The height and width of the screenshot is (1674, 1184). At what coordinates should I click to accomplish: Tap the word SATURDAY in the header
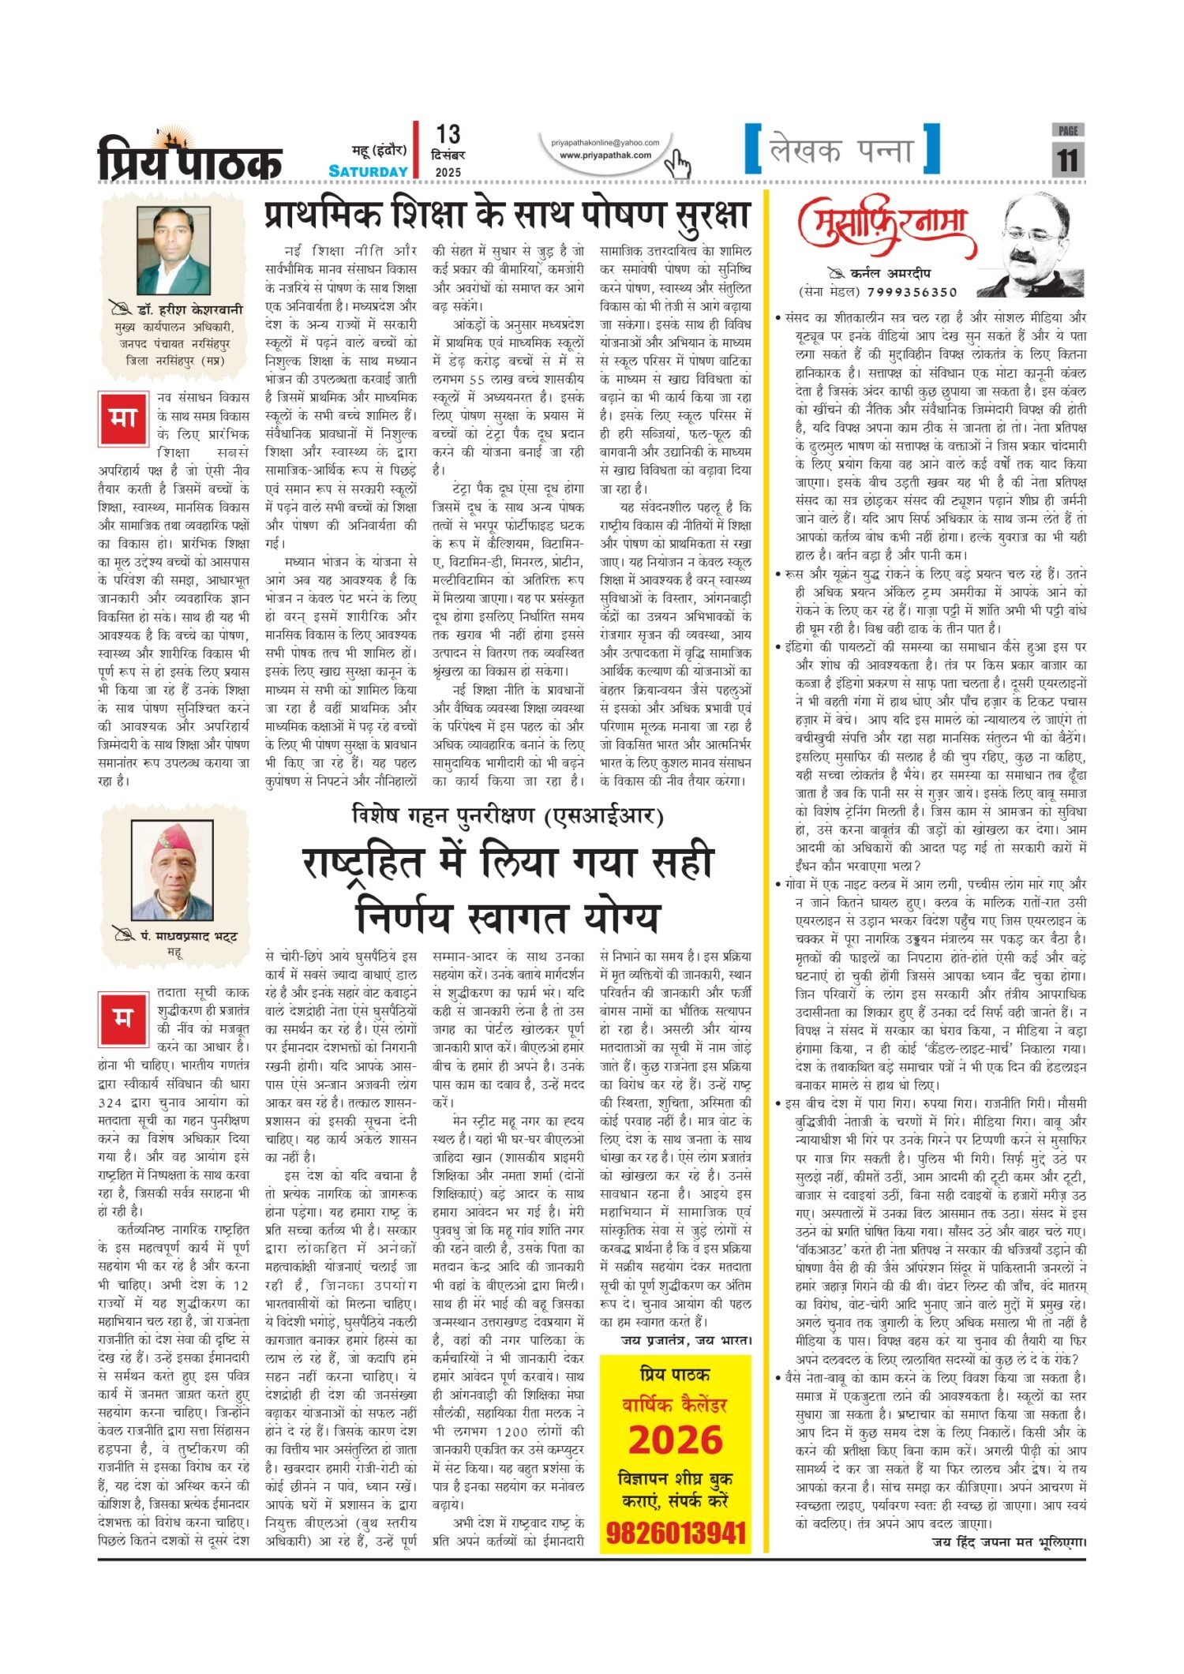coord(369,171)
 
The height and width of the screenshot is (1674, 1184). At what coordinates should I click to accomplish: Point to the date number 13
coord(448,135)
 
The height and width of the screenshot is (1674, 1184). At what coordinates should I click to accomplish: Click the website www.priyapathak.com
coord(605,155)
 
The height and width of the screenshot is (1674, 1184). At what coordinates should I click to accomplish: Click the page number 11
coord(1067,160)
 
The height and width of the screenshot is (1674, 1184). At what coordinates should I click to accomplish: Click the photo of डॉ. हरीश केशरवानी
coord(174,250)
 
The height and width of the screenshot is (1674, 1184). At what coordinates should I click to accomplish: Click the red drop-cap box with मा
coord(123,417)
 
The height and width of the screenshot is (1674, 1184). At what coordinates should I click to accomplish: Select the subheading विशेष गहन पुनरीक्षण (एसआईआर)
coord(508,815)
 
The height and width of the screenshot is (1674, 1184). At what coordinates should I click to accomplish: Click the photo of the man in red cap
coord(172,871)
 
